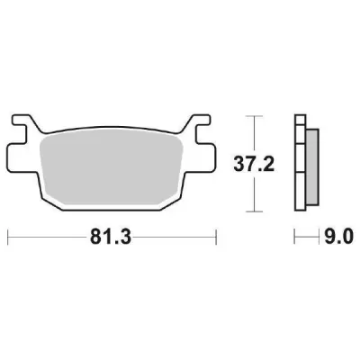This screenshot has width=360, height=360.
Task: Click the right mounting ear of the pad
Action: pos(203,130)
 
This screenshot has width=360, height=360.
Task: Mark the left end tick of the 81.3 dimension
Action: pos(9,238)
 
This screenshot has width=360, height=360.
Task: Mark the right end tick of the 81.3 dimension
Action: pos(216,238)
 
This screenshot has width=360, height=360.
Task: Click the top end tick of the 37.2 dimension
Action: pos(256,116)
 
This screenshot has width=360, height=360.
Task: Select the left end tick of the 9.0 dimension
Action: pos(296,238)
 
